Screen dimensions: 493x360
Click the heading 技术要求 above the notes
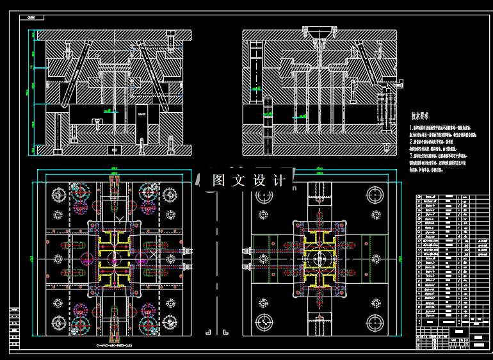419,117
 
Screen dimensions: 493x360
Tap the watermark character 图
219,181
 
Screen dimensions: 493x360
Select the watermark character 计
279,181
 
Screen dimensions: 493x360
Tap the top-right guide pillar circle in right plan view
375,196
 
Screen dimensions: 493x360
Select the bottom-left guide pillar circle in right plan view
263,322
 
